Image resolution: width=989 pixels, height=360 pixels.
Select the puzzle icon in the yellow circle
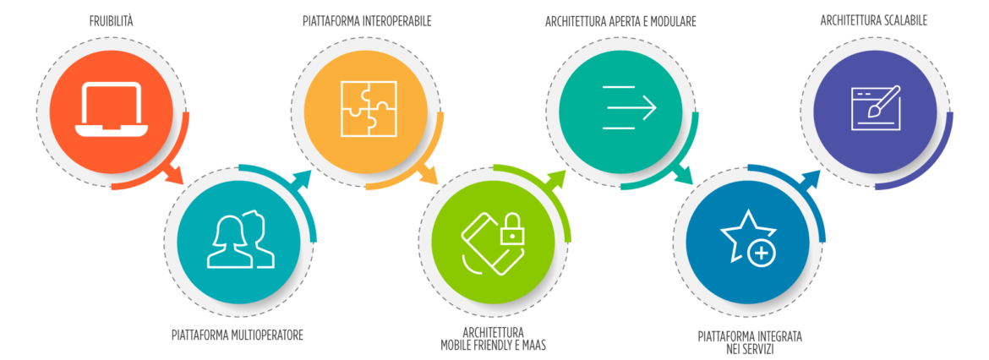click(368, 109)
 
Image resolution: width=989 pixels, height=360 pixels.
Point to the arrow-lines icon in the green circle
click(629, 106)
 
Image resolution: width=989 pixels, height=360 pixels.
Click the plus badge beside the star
click(762, 253)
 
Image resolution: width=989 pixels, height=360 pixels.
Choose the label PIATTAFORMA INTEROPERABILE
click(367, 21)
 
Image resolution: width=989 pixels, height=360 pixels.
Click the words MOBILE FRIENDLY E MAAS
click(494, 345)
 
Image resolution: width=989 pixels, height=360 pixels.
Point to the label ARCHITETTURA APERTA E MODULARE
click(620, 21)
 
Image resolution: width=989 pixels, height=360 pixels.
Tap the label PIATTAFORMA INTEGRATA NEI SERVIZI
click(750, 342)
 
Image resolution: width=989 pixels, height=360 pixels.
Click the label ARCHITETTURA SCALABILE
click(874, 20)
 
